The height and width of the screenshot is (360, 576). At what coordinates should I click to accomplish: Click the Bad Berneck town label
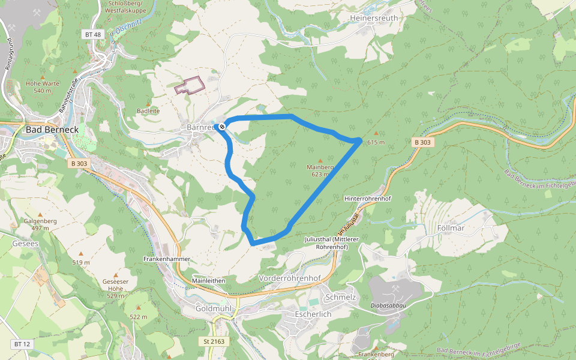(49, 130)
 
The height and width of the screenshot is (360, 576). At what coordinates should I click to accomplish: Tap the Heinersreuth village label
(373, 19)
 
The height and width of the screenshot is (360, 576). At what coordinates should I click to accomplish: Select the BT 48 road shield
(93, 35)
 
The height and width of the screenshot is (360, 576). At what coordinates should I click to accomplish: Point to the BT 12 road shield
(22, 344)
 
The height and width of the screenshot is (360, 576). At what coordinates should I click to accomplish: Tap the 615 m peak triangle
(376, 133)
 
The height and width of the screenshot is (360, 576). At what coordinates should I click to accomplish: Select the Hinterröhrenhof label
(368, 199)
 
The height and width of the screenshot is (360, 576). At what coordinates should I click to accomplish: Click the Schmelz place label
(340, 298)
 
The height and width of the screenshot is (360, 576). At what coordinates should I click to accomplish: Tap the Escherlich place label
(313, 314)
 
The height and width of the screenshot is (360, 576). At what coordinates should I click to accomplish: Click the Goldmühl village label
(214, 308)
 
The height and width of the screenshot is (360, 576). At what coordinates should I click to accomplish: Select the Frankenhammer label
(167, 259)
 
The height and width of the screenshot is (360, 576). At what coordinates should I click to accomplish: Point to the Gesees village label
(25, 244)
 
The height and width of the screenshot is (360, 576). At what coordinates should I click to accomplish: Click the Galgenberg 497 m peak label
(40, 224)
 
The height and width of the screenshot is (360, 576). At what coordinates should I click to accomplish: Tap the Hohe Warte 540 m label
(43, 87)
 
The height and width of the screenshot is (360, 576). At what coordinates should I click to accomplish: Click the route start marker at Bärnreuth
(222, 126)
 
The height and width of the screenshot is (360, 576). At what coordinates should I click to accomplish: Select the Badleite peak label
(148, 111)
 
